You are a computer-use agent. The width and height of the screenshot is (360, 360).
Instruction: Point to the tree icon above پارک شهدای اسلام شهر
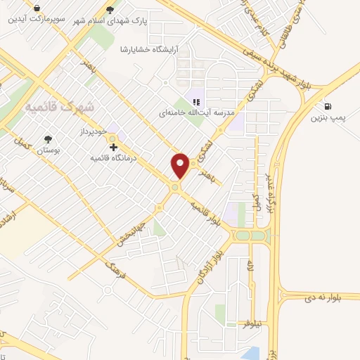coord(108,9)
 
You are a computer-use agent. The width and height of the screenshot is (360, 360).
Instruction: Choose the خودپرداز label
coord(90,132)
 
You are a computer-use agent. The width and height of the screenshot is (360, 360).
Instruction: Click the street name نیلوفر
coord(251,324)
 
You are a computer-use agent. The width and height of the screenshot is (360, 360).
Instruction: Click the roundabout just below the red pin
coord(175,188)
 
